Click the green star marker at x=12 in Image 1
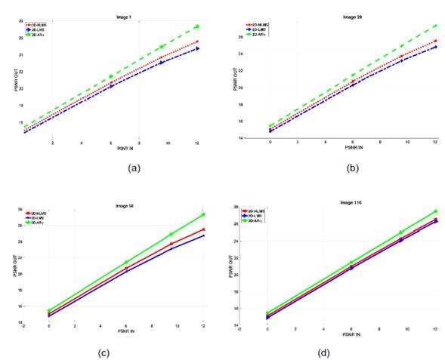(197, 27)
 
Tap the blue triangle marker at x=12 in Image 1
(197, 48)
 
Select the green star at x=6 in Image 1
(111, 76)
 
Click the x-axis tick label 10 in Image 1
(168, 143)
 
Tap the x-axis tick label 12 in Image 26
(435, 141)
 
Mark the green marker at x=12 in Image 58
(203, 215)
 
